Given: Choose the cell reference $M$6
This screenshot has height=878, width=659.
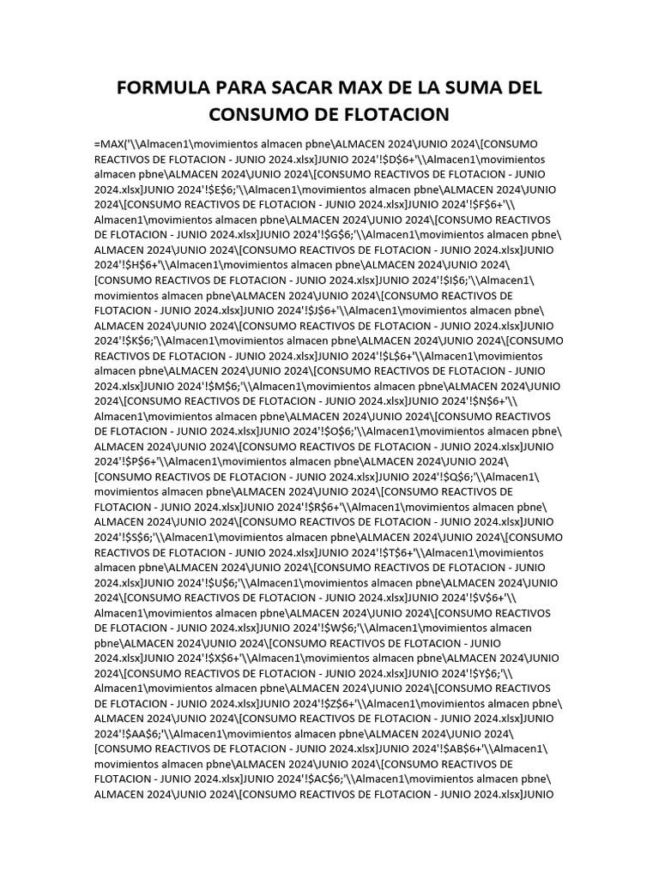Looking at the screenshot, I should (x=221, y=386).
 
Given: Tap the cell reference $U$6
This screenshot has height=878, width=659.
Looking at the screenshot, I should (x=220, y=583).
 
